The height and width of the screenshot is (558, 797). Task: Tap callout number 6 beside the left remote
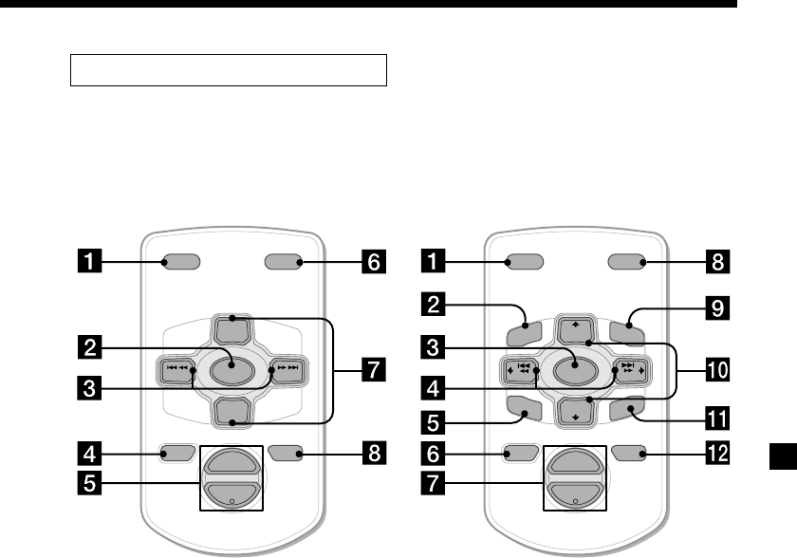(375, 262)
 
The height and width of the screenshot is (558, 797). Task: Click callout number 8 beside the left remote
(375, 454)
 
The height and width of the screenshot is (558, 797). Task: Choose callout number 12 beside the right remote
(719, 454)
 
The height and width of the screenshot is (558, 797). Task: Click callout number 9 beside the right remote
(719, 309)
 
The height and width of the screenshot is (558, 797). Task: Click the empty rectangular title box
(229, 70)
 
